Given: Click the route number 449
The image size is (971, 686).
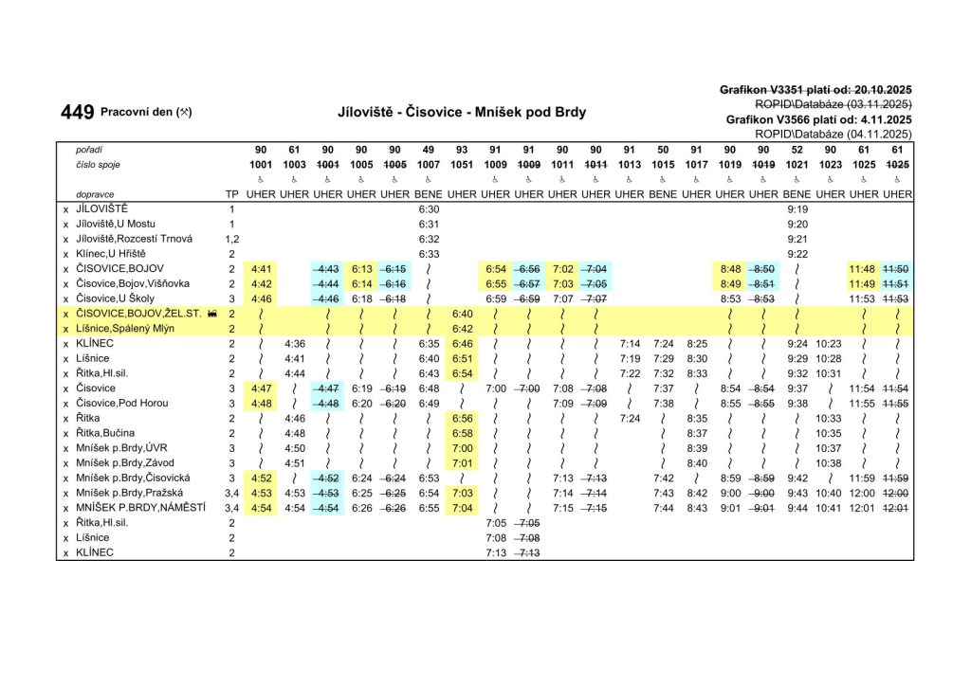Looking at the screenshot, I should pyautogui.click(x=77, y=113).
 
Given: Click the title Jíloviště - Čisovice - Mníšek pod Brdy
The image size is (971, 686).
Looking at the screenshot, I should pyautogui.click(x=462, y=112).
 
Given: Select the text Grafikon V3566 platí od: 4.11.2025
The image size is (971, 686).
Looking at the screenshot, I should pyautogui.click(x=818, y=120).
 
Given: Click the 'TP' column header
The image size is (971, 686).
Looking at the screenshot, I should pyautogui.click(x=230, y=193).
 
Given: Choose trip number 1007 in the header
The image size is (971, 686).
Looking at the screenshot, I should pyautogui.click(x=429, y=165).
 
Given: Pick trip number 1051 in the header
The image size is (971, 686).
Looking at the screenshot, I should pyautogui.click(x=462, y=165).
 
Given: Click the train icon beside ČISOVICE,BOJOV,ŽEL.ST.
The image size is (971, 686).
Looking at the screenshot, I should pyautogui.click(x=211, y=313).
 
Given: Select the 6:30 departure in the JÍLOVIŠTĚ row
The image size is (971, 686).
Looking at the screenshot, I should pyautogui.click(x=429, y=208).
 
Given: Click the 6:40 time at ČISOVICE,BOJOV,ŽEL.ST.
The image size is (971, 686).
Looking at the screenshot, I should pyautogui.click(x=462, y=313).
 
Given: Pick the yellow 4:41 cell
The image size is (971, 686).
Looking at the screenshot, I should pyautogui.click(x=261, y=269).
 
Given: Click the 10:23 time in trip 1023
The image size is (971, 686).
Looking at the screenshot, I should pyautogui.click(x=829, y=343).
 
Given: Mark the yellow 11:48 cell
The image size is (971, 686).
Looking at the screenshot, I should pyautogui.click(x=862, y=269).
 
